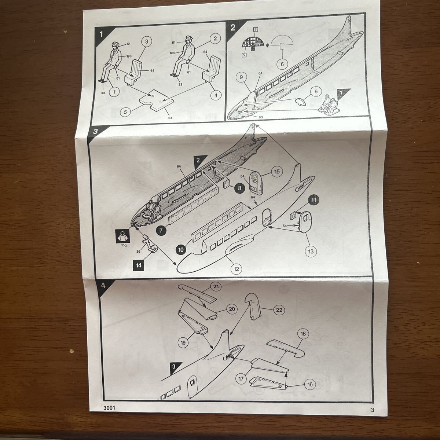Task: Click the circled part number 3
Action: (147, 41)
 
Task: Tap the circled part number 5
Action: (125, 112)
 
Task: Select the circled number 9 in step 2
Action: (241, 77)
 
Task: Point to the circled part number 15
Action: (277, 171)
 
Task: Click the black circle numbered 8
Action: (239, 188)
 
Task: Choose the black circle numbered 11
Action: (313, 200)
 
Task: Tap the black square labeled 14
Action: (139, 265)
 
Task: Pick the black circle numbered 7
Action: (161, 230)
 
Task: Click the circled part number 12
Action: (236, 269)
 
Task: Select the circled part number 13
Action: (311, 252)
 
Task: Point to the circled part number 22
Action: (279, 310)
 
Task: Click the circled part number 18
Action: (303, 334)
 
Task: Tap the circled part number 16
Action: (310, 384)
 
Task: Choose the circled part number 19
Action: (183, 342)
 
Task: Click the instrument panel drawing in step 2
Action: (253, 43)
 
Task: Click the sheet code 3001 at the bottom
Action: (109, 408)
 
